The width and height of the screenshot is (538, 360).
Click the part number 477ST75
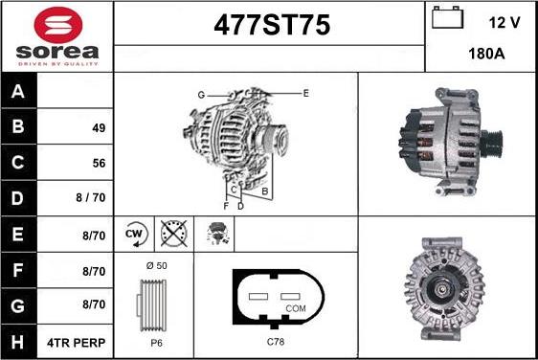(269, 26)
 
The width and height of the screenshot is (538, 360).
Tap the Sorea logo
(56, 36)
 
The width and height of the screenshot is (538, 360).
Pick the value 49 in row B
(99, 127)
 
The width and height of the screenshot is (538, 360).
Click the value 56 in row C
(99, 163)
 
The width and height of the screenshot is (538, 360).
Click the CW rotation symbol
(135, 234)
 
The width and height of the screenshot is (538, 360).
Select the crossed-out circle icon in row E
(173, 234)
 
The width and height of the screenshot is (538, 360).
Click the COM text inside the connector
(297, 308)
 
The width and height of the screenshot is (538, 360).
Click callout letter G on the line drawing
(201, 94)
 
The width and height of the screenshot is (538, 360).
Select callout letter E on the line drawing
(305, 93)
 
